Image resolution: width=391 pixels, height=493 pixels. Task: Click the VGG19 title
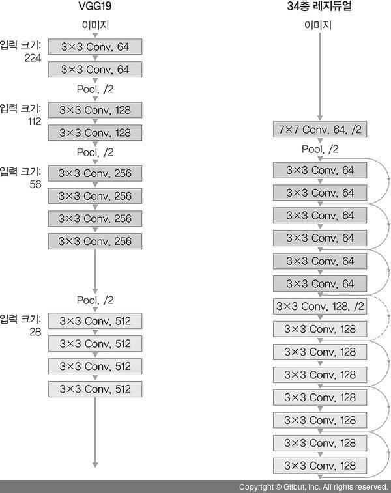coord(95,8)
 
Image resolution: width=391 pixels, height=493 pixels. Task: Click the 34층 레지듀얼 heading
coord(319,8)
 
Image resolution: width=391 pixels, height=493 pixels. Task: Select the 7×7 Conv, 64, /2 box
coord(319,130)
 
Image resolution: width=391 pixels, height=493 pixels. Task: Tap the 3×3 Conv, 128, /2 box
coord(319,306)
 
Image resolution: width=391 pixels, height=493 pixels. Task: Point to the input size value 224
coord(33,58)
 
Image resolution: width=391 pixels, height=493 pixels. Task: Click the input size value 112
coord(33,121)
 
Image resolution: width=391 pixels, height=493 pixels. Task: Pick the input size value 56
coord(35,184)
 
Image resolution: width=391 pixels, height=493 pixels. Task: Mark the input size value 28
coord(35,331)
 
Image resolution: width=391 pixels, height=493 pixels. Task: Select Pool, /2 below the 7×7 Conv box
coord(320,150)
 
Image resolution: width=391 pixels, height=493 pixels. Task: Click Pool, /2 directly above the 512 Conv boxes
coord(95,300)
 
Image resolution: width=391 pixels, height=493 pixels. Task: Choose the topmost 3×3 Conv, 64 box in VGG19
coord(95,47)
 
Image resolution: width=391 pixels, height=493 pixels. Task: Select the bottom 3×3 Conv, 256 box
coord(95,242)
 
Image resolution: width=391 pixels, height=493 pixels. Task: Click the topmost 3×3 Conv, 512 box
coord(95,321)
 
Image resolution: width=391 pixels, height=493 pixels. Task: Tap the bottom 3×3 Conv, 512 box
coord(95,389)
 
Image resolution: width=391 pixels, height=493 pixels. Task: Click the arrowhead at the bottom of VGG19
coord(95,464)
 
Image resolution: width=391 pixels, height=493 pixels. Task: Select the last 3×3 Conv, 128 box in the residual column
coord(319,466)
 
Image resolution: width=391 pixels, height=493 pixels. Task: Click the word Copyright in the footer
coord(256,487)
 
